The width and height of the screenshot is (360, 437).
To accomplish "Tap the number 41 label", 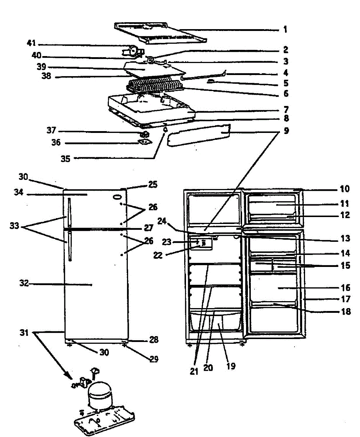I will click(31, 44).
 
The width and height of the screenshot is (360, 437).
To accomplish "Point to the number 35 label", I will click(66, 158).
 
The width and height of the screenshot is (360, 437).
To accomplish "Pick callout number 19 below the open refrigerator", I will click(230, 366).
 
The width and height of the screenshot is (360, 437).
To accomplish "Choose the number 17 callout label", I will click(346, 299).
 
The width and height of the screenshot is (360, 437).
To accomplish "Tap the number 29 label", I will click(154, 359).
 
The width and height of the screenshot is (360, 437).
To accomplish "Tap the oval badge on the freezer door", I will click(117, 197).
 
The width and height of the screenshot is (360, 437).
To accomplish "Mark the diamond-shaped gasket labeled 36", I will click(145, 143).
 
